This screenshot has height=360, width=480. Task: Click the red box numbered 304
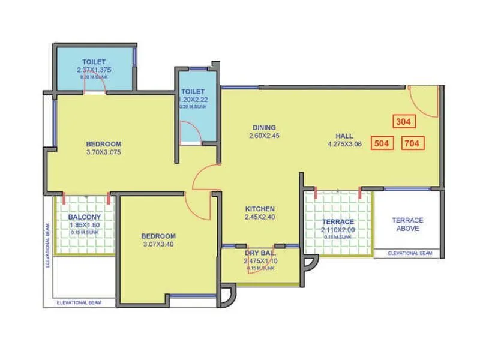[x=403, y=121]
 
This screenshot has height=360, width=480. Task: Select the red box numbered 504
[x=381, y=143]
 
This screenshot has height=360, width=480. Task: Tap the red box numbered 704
[x=412, y=143]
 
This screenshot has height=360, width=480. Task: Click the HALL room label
[x=344, y=136]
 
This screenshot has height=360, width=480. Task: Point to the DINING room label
[x=264, y=127]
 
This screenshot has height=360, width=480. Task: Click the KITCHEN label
[x=260, y=209]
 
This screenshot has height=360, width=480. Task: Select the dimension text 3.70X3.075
[x=104, y=152]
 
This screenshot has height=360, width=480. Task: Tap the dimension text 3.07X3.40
[x=158, y=244]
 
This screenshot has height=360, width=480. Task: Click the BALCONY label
[x=84, y=217]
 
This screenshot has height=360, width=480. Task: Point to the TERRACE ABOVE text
[x=407, y=224]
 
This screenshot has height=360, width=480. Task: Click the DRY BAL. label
[x=259, y=253]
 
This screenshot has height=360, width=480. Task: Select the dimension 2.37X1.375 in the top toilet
[x=94, y=70]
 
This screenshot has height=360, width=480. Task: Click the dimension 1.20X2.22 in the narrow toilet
[x=194, y=100]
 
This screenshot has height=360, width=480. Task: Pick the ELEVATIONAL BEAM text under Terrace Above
[x=410, y=254]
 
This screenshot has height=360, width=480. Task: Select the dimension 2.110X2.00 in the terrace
[x=338, y=230]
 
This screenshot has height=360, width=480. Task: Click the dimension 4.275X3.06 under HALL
[x=344, y=144]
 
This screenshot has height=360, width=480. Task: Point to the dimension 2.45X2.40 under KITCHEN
[x=260, y=217]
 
